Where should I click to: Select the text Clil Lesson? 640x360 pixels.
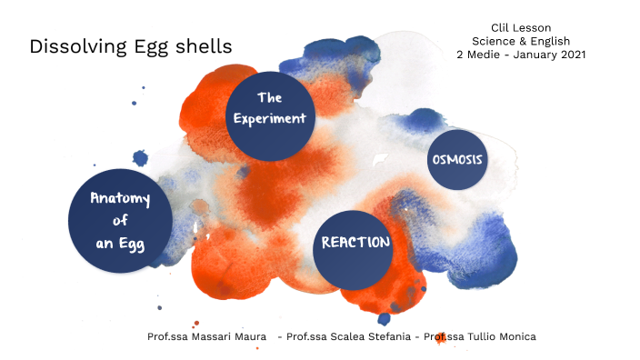point(521,28)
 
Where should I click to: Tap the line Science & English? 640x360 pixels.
point(521,41)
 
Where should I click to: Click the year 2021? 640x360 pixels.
point(570,55)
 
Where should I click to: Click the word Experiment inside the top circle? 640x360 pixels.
point(268,119)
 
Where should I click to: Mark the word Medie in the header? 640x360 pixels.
point(483,55)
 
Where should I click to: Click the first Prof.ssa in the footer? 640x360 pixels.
point(167,336)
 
